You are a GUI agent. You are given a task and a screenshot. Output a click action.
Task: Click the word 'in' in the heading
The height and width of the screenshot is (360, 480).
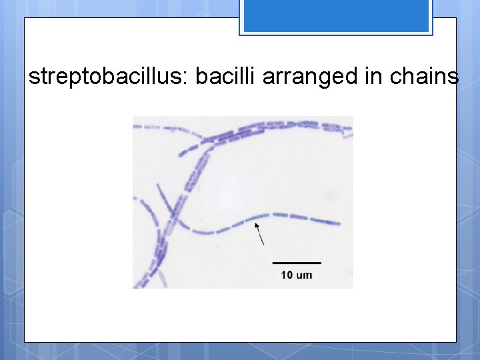373,77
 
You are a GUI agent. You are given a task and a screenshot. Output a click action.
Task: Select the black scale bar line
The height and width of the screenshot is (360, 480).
297,263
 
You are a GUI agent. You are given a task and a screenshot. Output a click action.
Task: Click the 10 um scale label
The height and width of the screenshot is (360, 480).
297,275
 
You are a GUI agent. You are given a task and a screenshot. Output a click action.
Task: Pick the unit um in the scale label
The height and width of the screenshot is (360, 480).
305,275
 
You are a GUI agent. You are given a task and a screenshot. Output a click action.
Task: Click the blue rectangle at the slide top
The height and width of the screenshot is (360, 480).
336,16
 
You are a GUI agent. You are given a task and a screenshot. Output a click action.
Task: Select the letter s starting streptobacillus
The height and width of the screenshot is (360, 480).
33,79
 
